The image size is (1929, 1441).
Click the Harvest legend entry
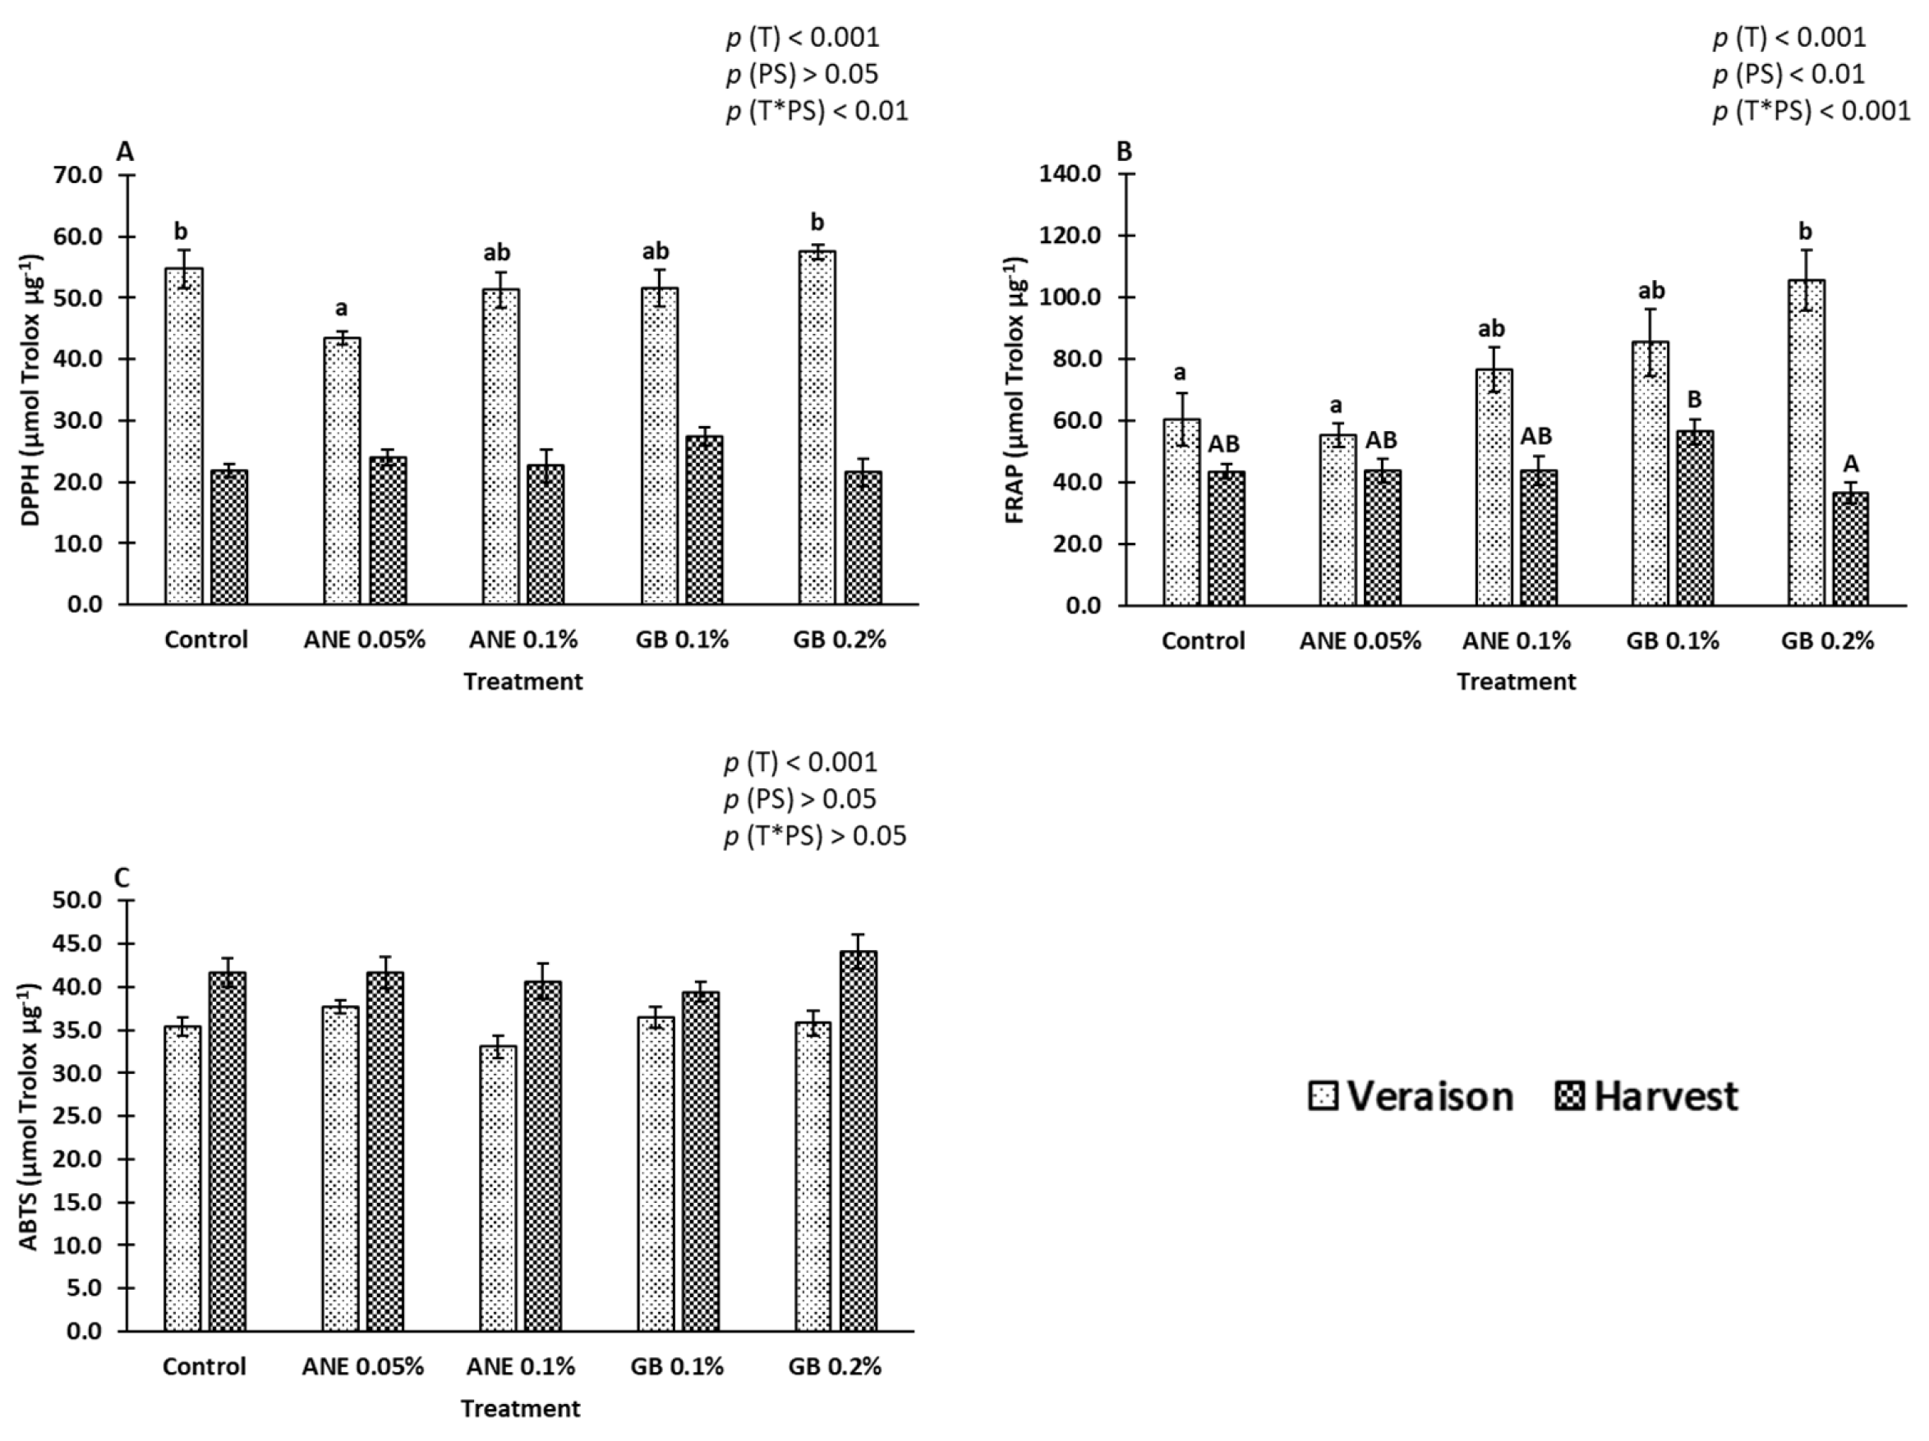(1647, 1097)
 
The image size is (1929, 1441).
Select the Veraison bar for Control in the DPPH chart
(184, 436)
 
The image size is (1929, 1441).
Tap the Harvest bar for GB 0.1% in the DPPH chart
(704, 520)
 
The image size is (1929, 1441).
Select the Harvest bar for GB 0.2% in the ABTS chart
(858, 1141)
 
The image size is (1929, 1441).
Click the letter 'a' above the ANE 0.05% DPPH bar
(342, 308)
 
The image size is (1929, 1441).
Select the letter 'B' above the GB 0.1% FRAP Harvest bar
(1694, 400)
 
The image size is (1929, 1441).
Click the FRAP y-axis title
(1015, 390)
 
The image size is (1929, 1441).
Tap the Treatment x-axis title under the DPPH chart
(523, 681)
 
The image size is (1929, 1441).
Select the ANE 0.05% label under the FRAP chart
(1360, 641)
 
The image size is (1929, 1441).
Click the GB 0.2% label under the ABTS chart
(835, 1366)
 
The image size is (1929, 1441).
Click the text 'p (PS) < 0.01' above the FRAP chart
(1789, 75)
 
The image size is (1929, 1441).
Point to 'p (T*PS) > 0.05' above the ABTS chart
(814, 836)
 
